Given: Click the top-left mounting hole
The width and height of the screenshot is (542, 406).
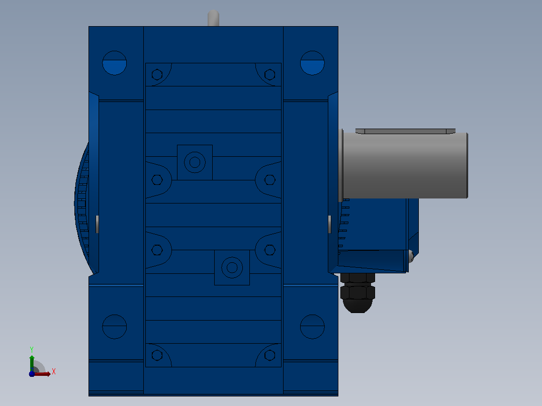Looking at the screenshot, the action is [x=115, y=63].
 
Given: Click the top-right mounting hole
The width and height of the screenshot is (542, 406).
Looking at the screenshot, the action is [x=312, y=63].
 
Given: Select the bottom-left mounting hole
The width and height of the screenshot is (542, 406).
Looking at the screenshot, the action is [x=115, y=327].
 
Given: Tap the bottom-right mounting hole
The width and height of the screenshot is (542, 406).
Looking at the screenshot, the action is [x=312, y=327].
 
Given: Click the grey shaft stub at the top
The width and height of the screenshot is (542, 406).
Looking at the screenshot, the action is [x=213, y=18].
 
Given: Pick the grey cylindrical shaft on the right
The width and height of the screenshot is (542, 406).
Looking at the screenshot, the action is [x=405, y=165].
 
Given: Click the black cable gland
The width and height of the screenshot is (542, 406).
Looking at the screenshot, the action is [x=358, y=293].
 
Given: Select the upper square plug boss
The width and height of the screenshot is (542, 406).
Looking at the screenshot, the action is [x=195, y=162].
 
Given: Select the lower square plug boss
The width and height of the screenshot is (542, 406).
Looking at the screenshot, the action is [x=232, y=267].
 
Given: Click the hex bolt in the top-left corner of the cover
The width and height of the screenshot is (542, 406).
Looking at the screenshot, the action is [x=157, y=74].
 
